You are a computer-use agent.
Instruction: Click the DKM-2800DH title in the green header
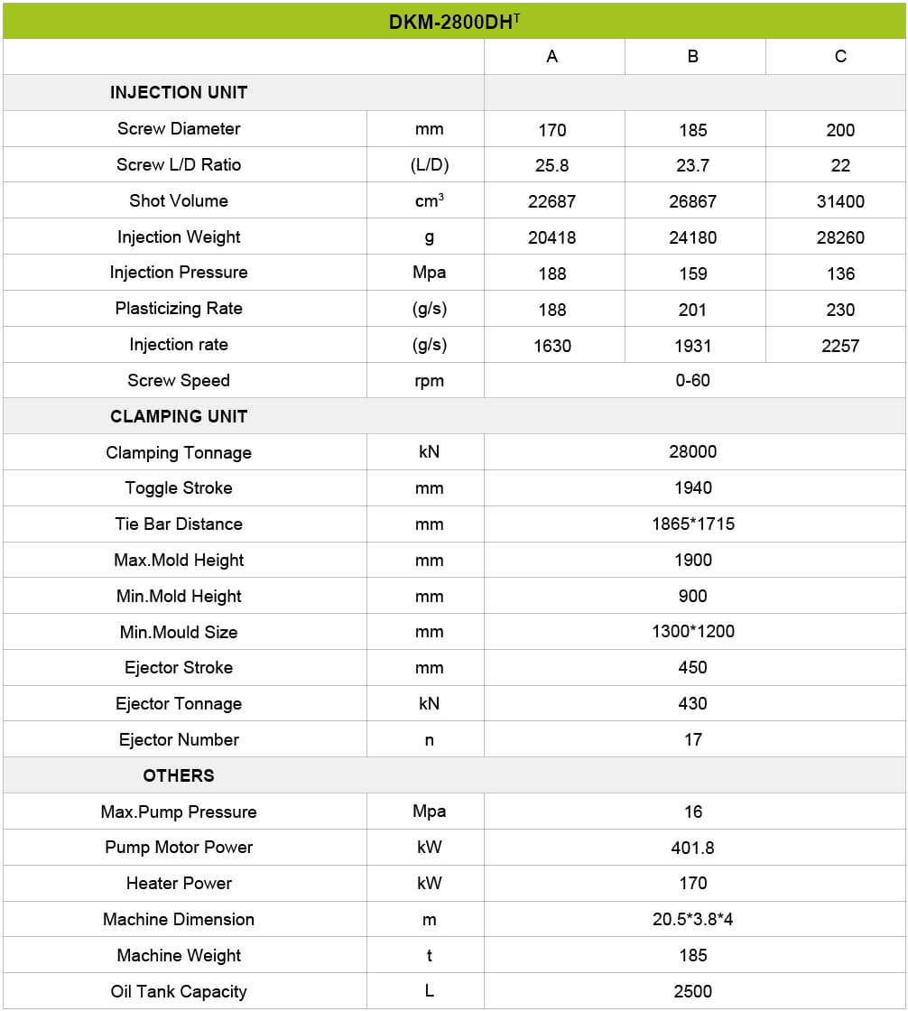[x=453, y=22]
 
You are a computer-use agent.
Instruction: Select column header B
[x=692, y=56]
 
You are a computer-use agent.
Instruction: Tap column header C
[x=839, y=56]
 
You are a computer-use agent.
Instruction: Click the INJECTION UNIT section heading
[x=178, y=92]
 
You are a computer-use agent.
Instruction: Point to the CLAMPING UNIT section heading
[x=178, y=416]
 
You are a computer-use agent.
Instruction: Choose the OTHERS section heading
[x=178, y=775]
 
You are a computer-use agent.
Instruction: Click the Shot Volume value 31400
[x=839, y=201]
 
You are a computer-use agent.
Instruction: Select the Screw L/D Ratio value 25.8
[x=551, y=165]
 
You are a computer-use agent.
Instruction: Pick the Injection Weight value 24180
[x=692, y=237]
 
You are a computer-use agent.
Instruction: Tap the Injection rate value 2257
[x=839, y=346]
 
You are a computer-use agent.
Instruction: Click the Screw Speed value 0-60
[x=692, y=380]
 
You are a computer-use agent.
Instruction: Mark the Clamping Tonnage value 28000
[x=692, y=452]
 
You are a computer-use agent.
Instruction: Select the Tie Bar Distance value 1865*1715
[x=692, y=524]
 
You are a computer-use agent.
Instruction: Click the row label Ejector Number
[x=178, y=739]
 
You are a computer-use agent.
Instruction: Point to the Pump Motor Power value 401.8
[x=692, y=848]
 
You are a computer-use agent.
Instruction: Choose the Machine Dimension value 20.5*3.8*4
[x=692, y=919]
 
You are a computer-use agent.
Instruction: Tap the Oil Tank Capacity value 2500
[x=692, y=991]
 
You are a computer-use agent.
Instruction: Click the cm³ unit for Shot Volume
[x=429, y=201]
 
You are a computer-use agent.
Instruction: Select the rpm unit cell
[x=429, y=380]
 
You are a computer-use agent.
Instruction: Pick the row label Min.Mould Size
[x=178, y=632]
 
